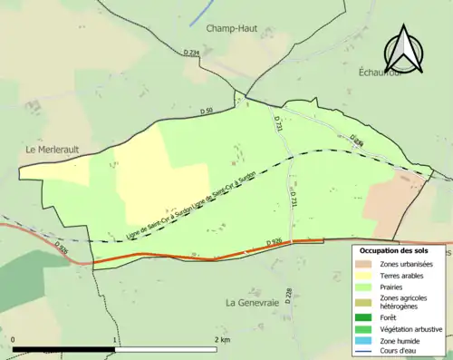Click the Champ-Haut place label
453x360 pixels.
coord(232,28)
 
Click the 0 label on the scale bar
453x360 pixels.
coord(14,339)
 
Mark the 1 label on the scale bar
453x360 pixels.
coord(114,339)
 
